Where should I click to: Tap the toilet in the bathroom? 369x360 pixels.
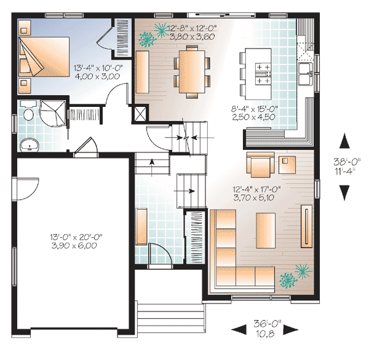(x=28, y=115)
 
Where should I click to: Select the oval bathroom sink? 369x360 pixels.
(x=28, y=145)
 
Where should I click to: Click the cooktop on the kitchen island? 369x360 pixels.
(x=263, y=73)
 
